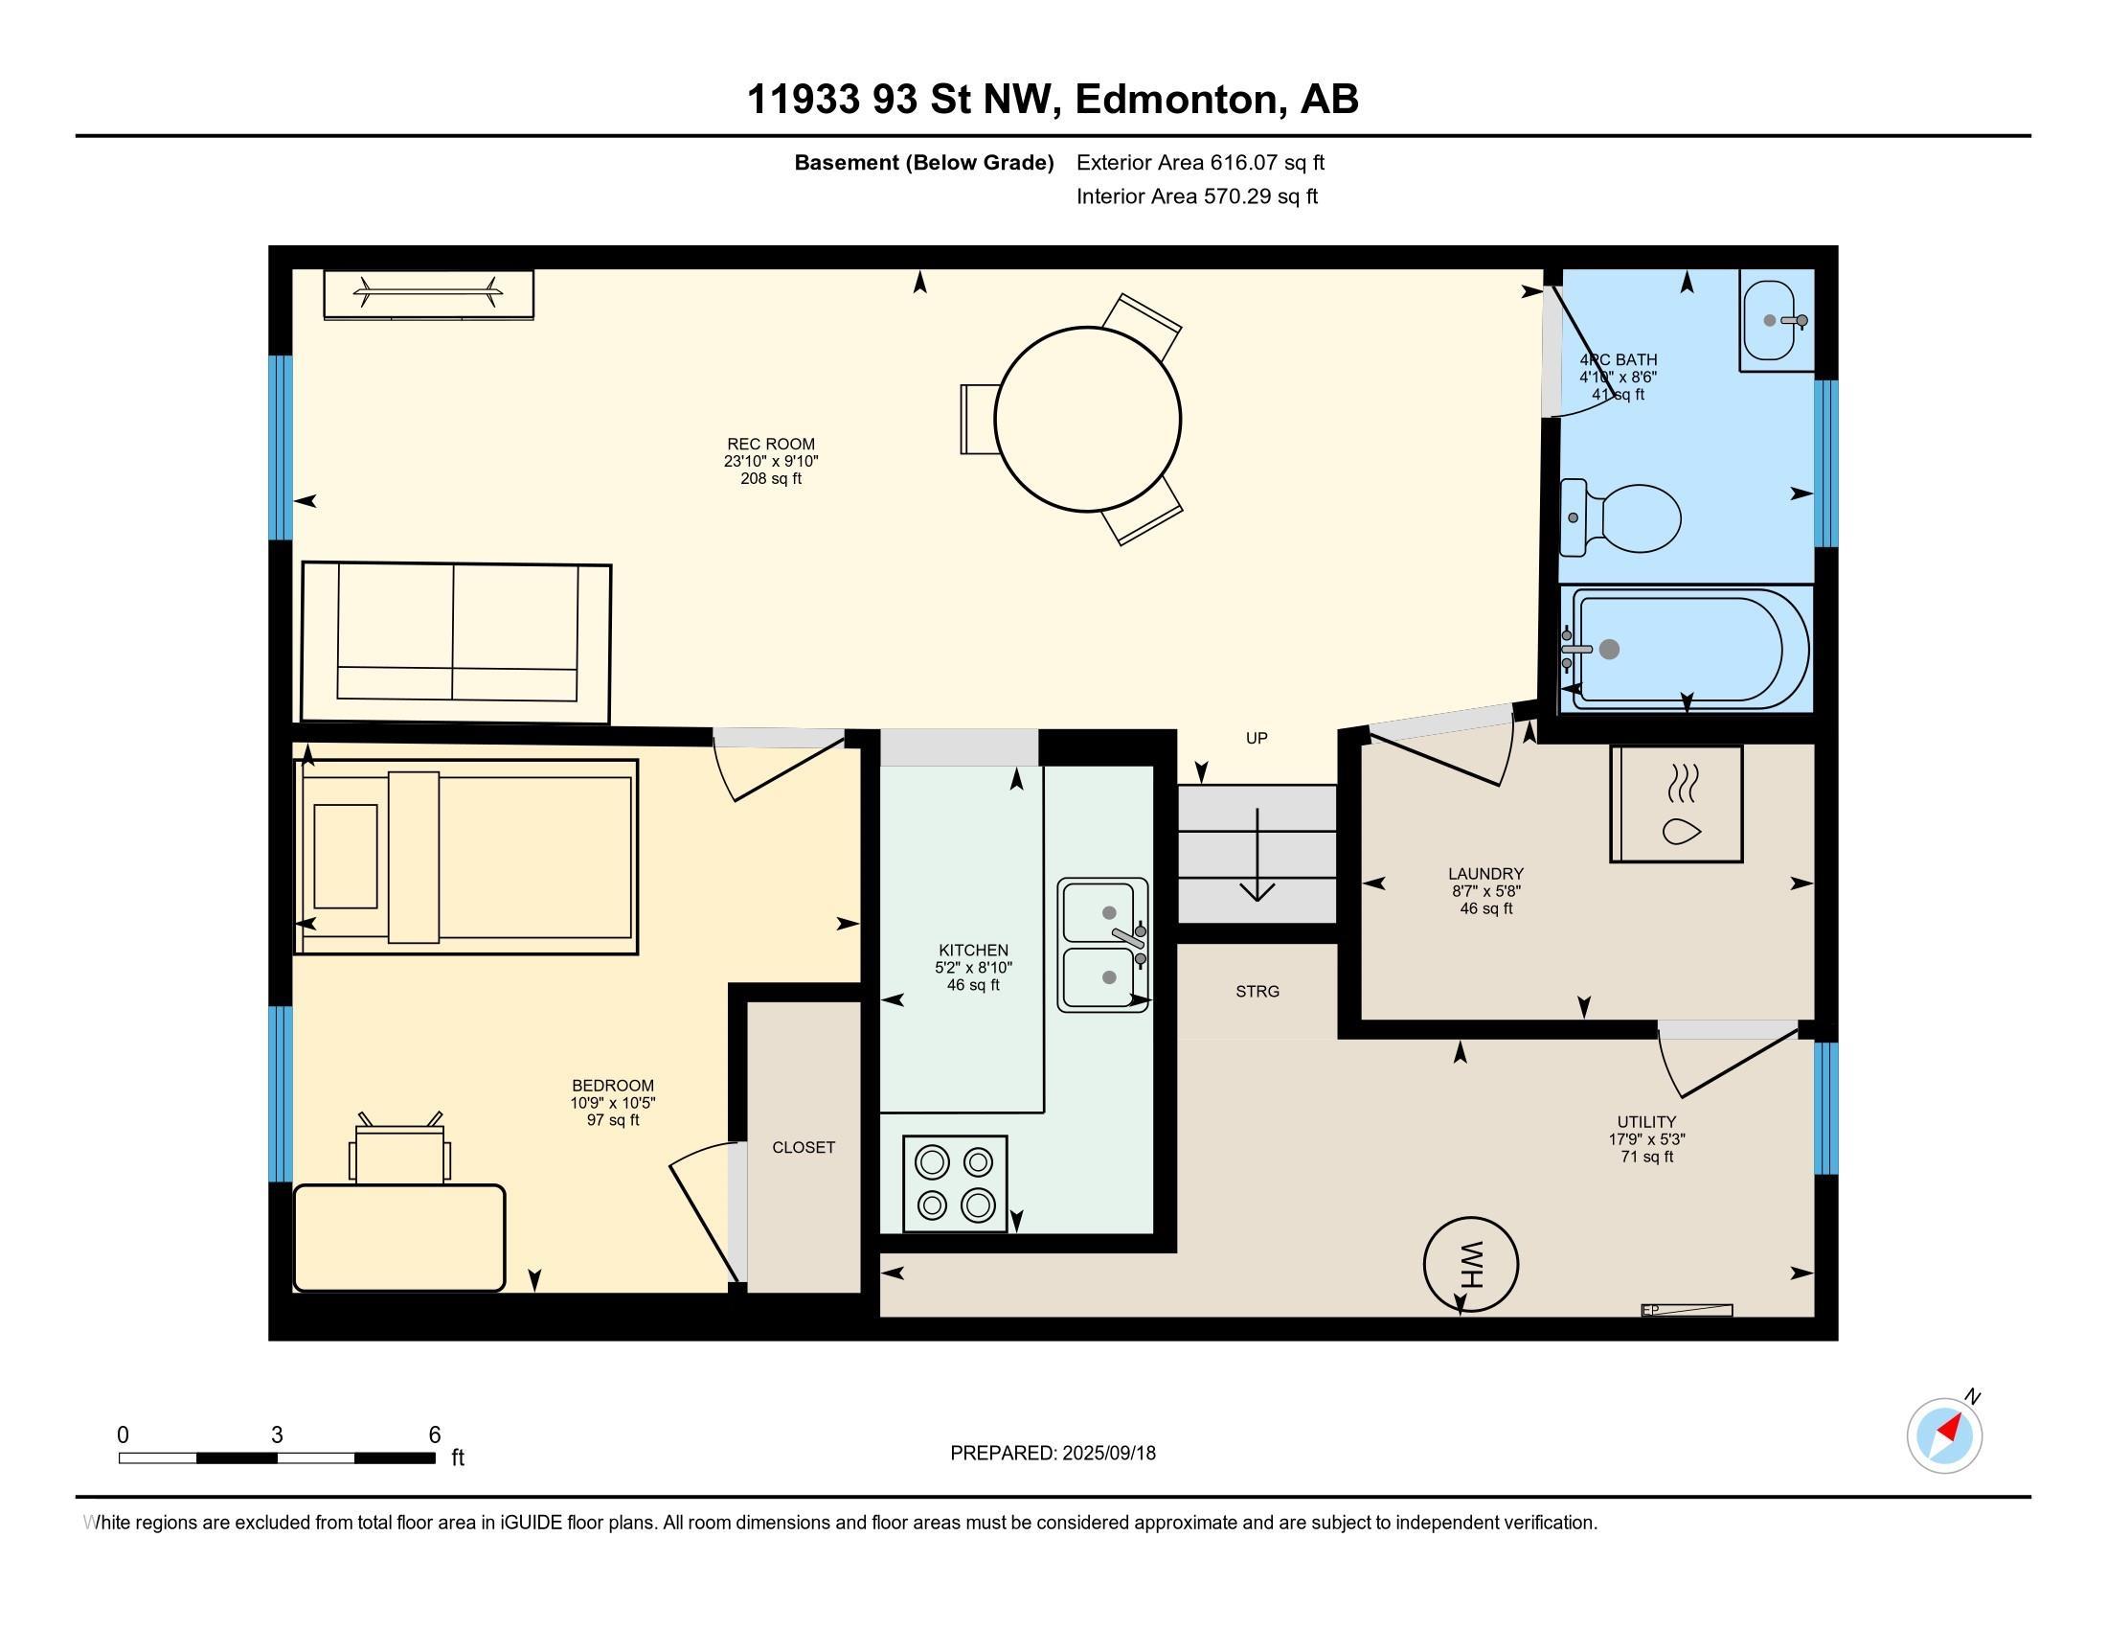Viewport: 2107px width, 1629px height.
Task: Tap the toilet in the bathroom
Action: click(1620, 518)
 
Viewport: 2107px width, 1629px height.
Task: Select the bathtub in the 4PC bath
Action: click(1687, 650)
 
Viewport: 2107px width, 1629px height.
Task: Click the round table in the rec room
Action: click(1087, 419)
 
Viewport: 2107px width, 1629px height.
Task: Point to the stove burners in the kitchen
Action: click(955, 1183)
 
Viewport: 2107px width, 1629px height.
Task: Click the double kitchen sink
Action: click(1102, 945)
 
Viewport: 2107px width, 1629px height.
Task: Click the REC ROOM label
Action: click(771, 444)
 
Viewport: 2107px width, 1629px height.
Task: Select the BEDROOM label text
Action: click(613, 1085)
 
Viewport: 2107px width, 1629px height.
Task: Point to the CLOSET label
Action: click(804, 1147)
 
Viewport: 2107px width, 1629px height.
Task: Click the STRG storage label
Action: click(1257, 991)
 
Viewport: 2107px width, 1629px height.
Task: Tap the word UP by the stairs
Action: click(1257, 738)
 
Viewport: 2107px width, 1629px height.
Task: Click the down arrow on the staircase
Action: click(1257, 855)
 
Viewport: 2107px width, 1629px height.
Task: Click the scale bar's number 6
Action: click(435, 1435)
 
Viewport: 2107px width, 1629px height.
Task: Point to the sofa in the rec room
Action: click(456, 642)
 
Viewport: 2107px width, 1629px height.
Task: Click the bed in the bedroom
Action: click(465, 857)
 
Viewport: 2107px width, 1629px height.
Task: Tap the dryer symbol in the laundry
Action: click(1677, 804)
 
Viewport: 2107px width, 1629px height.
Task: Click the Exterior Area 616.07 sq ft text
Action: click(1200, 163)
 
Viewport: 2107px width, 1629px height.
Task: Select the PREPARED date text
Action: click(1053, 1454)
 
